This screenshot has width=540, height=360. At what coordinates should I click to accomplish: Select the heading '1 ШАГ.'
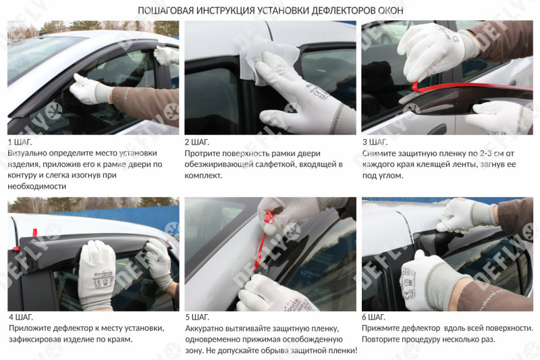pyautogui.click(x=20, y=142)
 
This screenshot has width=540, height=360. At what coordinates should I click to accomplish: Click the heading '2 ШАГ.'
pyautogui.click(x=197, y=142)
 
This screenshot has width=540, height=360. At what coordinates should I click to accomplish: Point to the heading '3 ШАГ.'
pyautogui.click(x=375, y=142)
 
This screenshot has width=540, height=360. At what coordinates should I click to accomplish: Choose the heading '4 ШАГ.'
pyautogui.click(x=20, y=317)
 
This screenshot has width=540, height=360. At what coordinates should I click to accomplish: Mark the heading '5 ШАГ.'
pyautogui.click(x=197, y=317)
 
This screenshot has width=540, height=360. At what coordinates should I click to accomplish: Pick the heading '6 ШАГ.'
pyautogui.click(x=375, y=317)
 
